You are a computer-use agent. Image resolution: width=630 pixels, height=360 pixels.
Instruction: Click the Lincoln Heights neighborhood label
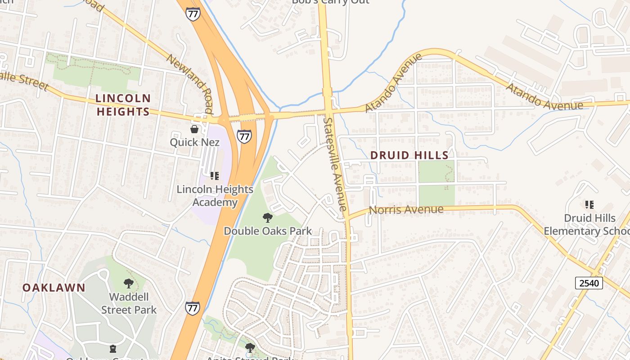click(x=123, y=105)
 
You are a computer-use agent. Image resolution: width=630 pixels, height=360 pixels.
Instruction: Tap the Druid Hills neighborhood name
click(x=409, y=155)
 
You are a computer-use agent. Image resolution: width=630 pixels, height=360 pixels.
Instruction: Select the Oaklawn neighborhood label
click(x=54, y=288)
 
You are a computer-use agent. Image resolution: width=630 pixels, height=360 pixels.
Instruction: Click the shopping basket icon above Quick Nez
click(x=194, y=130)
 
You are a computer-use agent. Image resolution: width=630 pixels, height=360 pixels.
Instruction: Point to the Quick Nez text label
click(x=194, y=142)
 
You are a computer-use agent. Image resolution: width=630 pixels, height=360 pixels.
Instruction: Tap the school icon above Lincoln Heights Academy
click(x=215, y=176)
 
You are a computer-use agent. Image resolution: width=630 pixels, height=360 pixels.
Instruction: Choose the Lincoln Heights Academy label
click(x=215, y=196)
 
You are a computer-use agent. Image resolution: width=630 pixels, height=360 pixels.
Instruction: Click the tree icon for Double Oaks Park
click(x=268, y=218)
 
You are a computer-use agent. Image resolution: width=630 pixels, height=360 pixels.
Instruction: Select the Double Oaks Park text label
click(x=268, y=231)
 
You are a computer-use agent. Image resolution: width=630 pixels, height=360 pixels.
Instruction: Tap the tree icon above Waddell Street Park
click(x=129, y=283)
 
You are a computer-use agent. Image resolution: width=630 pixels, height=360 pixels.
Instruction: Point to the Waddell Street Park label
click(x=129, y=303)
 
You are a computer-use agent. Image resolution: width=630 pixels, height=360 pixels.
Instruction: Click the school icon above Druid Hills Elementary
click(x=589, y=205)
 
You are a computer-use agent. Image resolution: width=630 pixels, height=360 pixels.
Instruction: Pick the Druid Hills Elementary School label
click(x=587, y=225)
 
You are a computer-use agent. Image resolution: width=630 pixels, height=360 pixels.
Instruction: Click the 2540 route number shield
click(x=589, y=283)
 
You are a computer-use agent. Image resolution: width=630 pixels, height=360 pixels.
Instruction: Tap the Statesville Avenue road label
click(x=335, y=164)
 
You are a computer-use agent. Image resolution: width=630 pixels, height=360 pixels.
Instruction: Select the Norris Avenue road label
click(x=406, y=210)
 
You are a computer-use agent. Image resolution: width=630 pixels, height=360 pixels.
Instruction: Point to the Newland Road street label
click(x=189, y=84)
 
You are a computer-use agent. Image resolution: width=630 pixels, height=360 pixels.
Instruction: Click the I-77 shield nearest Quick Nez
click(x=244, y=136)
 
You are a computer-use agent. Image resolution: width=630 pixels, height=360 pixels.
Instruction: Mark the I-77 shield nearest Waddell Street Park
click(x=192, y=308)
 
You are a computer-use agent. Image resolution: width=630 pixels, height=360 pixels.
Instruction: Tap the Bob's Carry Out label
click(x=330, y=2)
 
